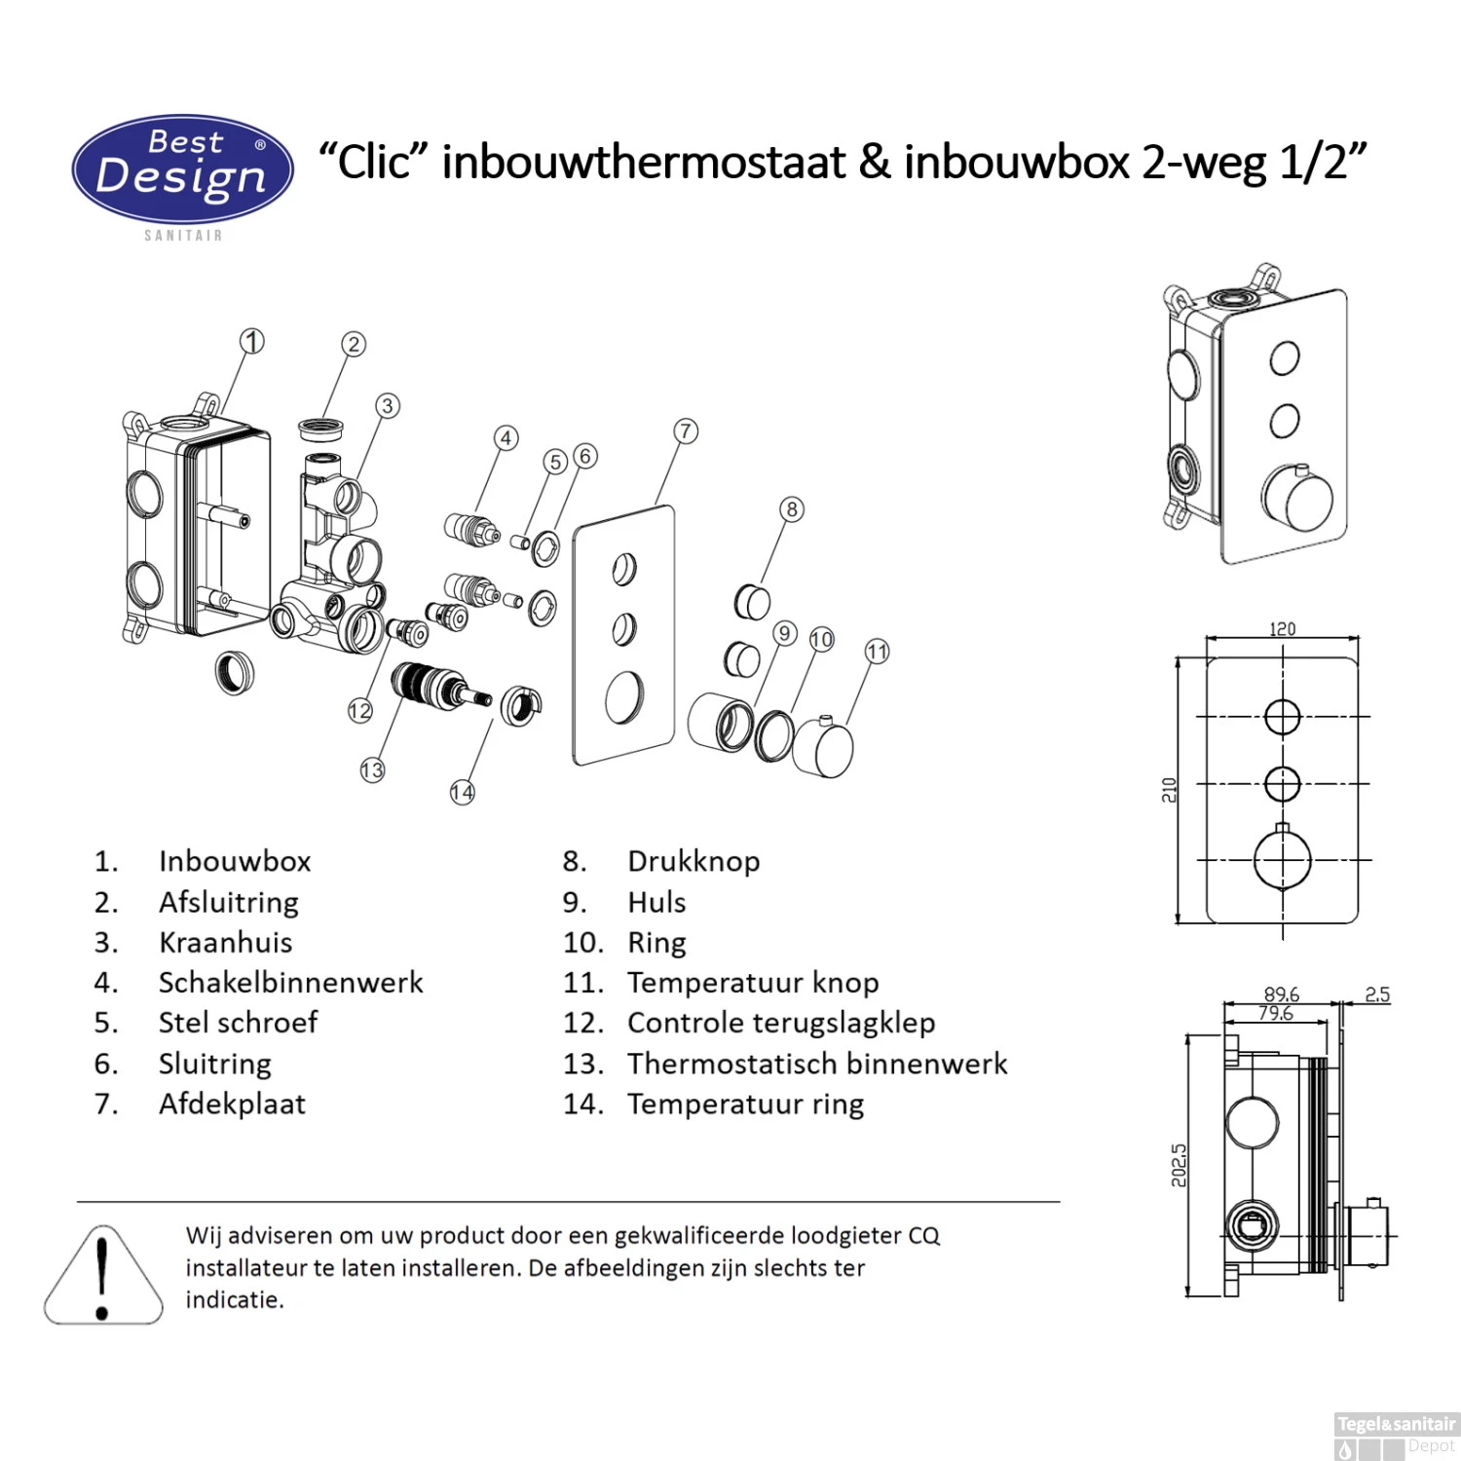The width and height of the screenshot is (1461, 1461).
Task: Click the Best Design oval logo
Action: pos(183,169)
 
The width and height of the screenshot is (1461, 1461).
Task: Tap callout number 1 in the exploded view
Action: pos(252,342)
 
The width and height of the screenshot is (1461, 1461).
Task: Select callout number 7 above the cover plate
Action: pos(686,431)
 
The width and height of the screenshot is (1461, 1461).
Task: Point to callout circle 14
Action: pos(463,792)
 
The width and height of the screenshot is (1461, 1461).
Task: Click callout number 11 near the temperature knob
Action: pos(877,652)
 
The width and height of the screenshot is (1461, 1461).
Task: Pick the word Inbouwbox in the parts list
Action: pos(235,861)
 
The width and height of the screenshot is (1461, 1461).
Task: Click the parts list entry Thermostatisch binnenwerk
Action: pos(816,1064)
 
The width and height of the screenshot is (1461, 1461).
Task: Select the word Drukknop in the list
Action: pos(693,861)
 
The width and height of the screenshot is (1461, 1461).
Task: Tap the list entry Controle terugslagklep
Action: pos(780,1023)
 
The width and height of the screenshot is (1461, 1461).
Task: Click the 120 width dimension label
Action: pos(1282,629)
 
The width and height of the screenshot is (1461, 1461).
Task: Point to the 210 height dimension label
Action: pos(1169,790)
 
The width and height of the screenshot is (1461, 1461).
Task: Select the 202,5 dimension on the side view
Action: pos(1179,1166)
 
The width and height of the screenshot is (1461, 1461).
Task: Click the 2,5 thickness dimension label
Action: pos(1377,994)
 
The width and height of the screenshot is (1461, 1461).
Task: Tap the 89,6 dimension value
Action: pos(1281,993)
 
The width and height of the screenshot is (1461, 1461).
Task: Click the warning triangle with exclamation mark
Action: pos(103,1278)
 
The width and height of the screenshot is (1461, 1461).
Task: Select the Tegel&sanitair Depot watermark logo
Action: pos(1396,1435)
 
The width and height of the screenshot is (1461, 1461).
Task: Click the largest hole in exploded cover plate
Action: pos(623,697)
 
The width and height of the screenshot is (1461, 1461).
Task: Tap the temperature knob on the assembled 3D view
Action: pos(1297,498)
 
